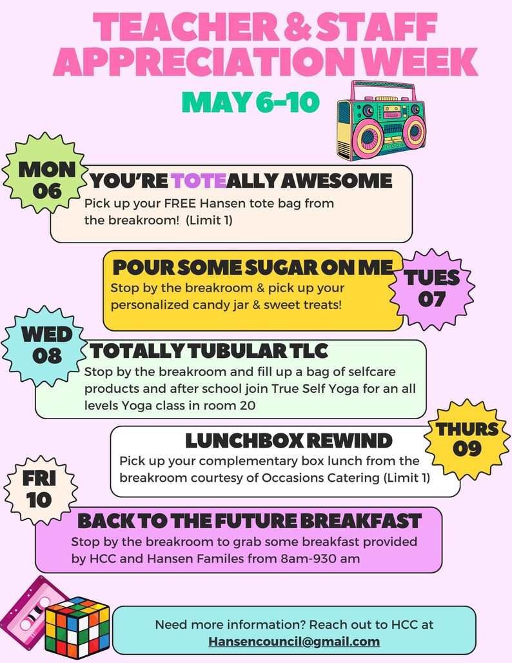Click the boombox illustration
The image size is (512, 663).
[380, 121]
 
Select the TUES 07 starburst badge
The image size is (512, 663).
[432, 288]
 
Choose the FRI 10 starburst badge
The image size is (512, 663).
[39, 489]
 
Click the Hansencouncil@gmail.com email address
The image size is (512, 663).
[294, 642]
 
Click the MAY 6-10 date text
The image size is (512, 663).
[250, 102]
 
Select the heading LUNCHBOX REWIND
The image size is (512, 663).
[288, 441]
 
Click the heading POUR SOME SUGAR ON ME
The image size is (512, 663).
[252, 267]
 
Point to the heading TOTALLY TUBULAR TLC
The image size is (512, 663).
[209, 351]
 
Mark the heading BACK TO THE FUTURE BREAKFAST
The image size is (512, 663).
[250, 520]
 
